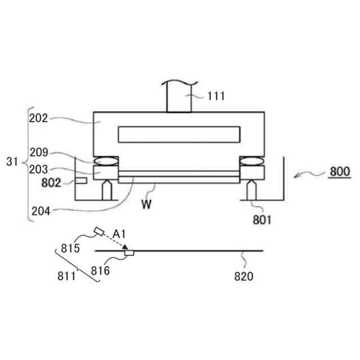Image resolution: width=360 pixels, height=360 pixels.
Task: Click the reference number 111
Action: click(x=215, y=96)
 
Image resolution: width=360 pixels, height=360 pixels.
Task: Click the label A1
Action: click(x=119, y=233)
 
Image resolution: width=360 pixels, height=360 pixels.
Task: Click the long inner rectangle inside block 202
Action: click(x=178, y=134)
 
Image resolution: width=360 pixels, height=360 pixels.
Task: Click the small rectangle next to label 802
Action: click(x=82, y=181)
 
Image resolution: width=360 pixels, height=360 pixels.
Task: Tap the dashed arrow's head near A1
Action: click(x=125, y=247)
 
